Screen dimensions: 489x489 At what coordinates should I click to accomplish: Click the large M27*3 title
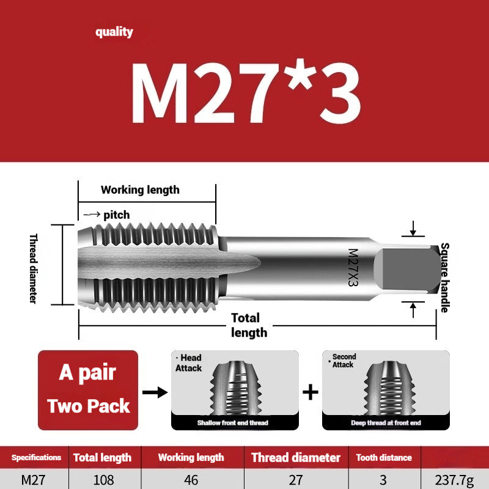pos(244,92)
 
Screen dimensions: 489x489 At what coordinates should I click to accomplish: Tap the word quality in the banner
pos(114,32)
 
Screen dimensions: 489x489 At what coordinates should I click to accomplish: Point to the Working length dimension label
pos(140,189)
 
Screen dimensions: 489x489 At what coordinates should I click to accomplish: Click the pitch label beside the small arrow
pos(116,215)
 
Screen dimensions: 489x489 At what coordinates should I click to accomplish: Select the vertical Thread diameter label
pos(34,268)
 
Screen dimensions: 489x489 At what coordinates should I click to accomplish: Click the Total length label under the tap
pos(248,325)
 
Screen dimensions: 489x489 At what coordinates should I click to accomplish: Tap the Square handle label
pos(444,278)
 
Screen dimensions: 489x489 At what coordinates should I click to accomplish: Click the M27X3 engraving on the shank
pos(353,267)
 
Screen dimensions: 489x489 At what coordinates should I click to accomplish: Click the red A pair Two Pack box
pos(88,389)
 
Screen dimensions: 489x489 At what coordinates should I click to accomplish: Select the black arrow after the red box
pos(155,392)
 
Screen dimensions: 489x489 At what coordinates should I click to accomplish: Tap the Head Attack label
pos(188,363)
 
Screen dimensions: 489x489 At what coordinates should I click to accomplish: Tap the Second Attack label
pos(344,361)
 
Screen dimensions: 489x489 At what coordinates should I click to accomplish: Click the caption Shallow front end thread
pos(232,422)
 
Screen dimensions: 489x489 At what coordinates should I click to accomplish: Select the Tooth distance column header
pos(384,457)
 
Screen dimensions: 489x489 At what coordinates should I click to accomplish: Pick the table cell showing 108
pos(103,480)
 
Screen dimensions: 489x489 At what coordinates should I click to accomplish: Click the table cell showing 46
pos(191,480)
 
